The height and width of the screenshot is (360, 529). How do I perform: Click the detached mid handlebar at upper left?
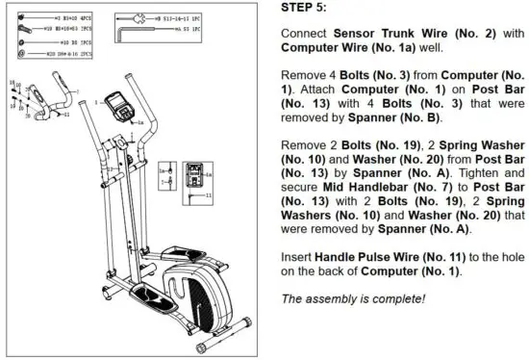coord(43,101)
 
